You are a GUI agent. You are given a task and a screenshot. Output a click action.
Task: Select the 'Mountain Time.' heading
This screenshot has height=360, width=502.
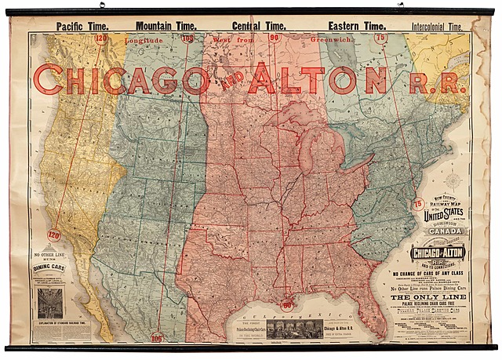pyautogui.click(x=169, y=26)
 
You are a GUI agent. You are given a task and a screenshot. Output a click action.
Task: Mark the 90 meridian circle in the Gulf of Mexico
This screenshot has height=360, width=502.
pyautogui.click(x=287, y=304)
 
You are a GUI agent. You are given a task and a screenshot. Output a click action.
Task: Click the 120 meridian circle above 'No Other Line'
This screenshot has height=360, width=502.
pyautogui.click(x=54, y=235)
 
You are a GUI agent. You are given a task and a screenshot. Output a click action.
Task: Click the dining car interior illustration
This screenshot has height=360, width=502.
pyautogui.click(x=49, y=303)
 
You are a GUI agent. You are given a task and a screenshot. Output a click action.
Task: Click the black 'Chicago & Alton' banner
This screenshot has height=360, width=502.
pyautogui.click(x=438, y=254)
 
